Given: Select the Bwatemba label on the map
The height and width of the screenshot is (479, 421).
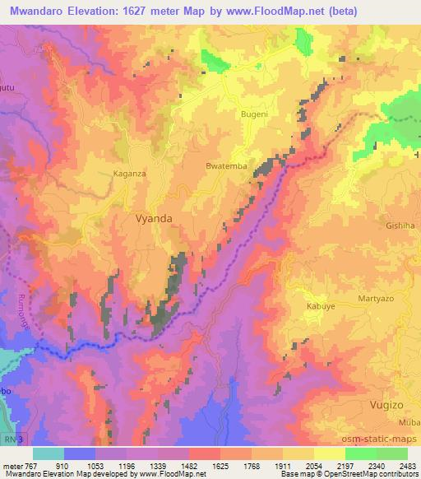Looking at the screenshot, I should pos(225,166).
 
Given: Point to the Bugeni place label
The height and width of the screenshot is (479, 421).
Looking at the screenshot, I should pos(254,114).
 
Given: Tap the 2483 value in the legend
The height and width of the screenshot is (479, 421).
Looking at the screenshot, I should pos(409,465).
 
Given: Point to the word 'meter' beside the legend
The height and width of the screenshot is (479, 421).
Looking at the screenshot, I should pos(12,465).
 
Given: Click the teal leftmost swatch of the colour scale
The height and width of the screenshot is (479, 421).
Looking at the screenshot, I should pos(49,453).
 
